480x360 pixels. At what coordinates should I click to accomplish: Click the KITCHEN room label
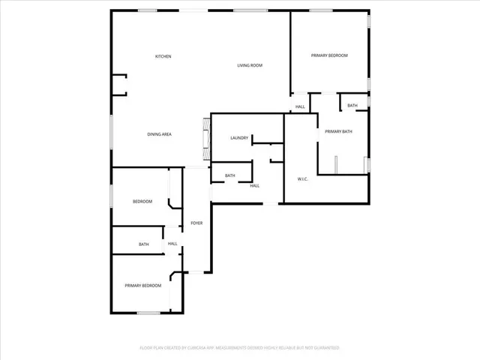[x=163, y=57]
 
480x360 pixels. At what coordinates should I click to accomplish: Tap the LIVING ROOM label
[x=250, y=65]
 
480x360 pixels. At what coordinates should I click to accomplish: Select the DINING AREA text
[x=160, y=134]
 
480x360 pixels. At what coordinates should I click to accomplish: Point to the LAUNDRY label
[x=239, y=138]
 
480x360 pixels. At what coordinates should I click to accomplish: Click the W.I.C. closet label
[x=303, y=178]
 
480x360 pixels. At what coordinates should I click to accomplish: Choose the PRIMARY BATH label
[x=338, y=132]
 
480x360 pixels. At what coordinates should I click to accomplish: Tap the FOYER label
[x=196, y=223]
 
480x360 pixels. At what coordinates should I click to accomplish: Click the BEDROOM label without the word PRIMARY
[x=142, y=202]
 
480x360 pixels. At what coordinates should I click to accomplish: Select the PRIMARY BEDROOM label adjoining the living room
[x=330, y=55]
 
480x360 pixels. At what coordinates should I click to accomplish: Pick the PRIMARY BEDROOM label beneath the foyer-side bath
[x=142, y=286]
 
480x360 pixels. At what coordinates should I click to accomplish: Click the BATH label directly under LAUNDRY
[x=230, y=175]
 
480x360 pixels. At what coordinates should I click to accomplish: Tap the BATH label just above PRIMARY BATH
[x=352, y=106]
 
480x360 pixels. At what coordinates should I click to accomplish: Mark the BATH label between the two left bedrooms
[x=143, y=244]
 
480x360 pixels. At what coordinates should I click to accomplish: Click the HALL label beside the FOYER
[x=172, y=244]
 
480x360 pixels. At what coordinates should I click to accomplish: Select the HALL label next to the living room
[x=300, y=107]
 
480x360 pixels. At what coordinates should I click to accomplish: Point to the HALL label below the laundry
[x=255, y=186]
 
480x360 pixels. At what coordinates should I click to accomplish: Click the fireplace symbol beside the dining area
[x=206, y=138]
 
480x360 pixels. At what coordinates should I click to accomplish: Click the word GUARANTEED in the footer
[x=324, y=348]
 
